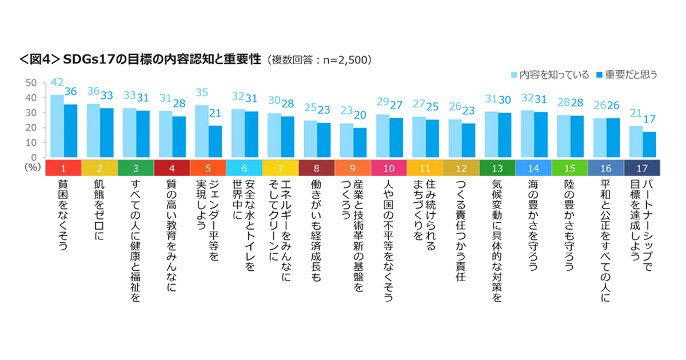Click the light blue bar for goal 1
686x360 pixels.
57,126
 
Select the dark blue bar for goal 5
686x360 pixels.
215,141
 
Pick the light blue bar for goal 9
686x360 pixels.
346,140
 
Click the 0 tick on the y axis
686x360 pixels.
35,157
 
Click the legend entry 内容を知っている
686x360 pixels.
549,74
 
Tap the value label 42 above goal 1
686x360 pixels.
56,82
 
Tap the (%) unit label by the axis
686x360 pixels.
31,167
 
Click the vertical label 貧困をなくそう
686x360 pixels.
62,214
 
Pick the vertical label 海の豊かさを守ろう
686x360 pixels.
533,223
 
